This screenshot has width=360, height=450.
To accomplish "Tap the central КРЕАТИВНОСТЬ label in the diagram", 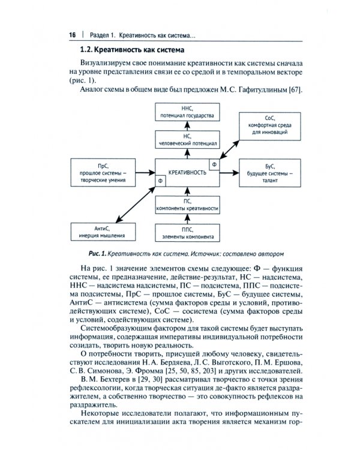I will tap(186, 172).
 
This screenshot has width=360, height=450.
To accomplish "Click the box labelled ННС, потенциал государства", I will tap(186, 110).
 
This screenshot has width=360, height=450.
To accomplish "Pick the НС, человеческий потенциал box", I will tap(186, 140).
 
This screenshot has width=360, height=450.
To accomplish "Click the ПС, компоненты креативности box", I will tap(186, 204).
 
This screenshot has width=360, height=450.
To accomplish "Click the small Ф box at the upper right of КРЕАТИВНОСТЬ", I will tap(213, 163).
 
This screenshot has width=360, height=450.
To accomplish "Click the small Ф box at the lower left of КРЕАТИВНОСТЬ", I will tap(160, 180).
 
